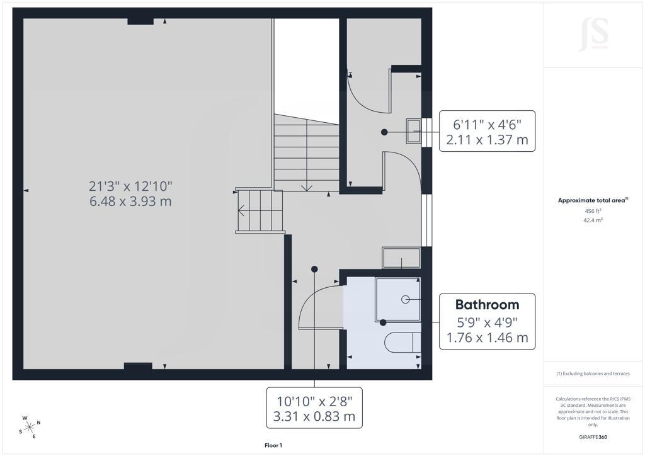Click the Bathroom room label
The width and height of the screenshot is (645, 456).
click(487, 305)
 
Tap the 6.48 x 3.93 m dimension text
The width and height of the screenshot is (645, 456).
click(130, 202)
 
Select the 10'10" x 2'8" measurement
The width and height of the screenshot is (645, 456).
click(314, 401)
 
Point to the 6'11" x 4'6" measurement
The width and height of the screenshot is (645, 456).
click(487, 124)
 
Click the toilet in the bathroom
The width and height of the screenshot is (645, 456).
click(402, 342)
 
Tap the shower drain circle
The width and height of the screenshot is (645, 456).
click(405, 299)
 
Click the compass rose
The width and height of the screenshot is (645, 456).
click(30, 427)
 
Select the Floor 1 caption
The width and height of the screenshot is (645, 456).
click(273, 445)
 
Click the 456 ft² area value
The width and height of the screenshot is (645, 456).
click(593, 211)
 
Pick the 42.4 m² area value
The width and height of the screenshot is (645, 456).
click(593, 220)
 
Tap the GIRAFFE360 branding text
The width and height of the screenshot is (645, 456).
click(593, 437)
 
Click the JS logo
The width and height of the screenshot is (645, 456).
click(593, 34)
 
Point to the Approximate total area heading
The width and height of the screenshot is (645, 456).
click(593, 201)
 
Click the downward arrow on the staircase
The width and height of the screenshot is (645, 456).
click(307, 188)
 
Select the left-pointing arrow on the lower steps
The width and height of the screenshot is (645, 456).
click(242, 210)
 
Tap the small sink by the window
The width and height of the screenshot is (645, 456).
click(413, 131)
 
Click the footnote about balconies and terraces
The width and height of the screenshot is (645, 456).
click(593, 373)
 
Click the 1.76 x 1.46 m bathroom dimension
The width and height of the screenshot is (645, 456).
click(487, 338)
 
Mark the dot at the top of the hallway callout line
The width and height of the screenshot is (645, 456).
click(315, 270)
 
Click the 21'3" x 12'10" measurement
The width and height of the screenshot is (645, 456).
click(130, 186)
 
